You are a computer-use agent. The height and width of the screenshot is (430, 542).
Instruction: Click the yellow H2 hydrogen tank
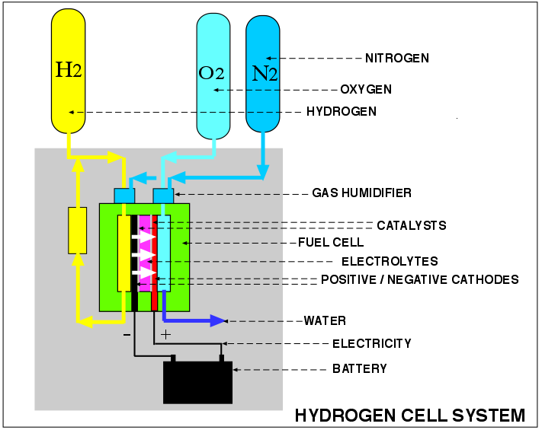tap(69, 72)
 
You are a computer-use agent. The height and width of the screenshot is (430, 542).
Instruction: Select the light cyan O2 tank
tap(213, 76)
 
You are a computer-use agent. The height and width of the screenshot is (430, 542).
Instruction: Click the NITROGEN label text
tap(397, 58)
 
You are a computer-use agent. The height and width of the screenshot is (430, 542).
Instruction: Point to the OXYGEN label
tap(366, 90)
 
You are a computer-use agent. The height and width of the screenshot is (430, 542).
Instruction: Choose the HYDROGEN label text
tap(342, 112)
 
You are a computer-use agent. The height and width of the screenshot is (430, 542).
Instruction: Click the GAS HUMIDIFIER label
tap(361, 193)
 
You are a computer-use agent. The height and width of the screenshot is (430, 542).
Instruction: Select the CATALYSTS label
tap(412, 225)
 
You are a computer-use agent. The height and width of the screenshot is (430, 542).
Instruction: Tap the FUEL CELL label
tap(330, 243)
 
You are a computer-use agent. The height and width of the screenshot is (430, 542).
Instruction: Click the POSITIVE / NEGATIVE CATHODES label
tap(419, 279)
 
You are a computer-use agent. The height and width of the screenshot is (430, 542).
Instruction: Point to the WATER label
tap(325, 320)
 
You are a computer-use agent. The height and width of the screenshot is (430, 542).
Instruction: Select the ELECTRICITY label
tap(371, 344)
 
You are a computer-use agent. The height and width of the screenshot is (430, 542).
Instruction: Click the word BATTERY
tap(359, 369)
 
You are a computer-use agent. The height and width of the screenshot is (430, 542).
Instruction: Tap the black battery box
tap(197, 381)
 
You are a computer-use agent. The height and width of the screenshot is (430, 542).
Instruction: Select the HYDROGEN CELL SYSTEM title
tap(409, 416)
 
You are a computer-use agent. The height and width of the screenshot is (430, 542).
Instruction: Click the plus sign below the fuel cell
tap(165, 334)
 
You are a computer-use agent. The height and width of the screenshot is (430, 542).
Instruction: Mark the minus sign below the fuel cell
tap(127, 334)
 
